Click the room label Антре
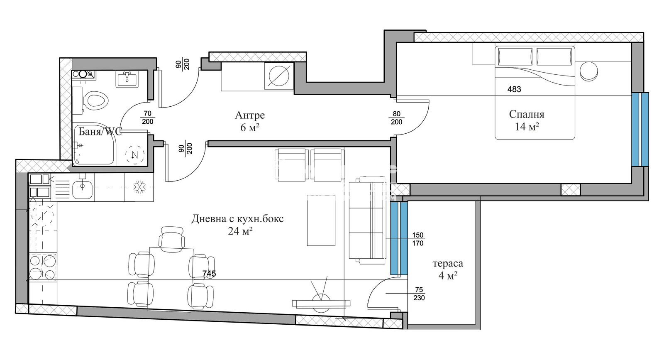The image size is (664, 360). tap(249, 115)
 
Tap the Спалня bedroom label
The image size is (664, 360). tap(527, 114)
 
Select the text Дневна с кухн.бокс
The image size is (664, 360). tap(237, 219)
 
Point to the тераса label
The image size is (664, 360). tap(448, 263)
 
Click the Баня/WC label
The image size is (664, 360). tap(100, 132)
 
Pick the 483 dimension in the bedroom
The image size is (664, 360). tap(514, 89)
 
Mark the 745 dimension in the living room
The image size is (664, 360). tap(209, 274)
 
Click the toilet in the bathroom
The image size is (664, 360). tap(94, 100)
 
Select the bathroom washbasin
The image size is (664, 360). tap(127, 79)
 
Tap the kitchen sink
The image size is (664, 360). tap(83, 187)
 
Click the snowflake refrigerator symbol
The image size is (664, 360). tap(138, 187)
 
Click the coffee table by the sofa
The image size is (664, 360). tap(321, 220)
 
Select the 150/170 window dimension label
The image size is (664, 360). tap(418, 239)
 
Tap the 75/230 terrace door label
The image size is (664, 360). tap(419, 294)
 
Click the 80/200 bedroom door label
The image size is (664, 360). tap(397, 118)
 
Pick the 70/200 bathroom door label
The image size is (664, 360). tap(148, 118)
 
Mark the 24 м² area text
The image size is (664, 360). tap(240, 231)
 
